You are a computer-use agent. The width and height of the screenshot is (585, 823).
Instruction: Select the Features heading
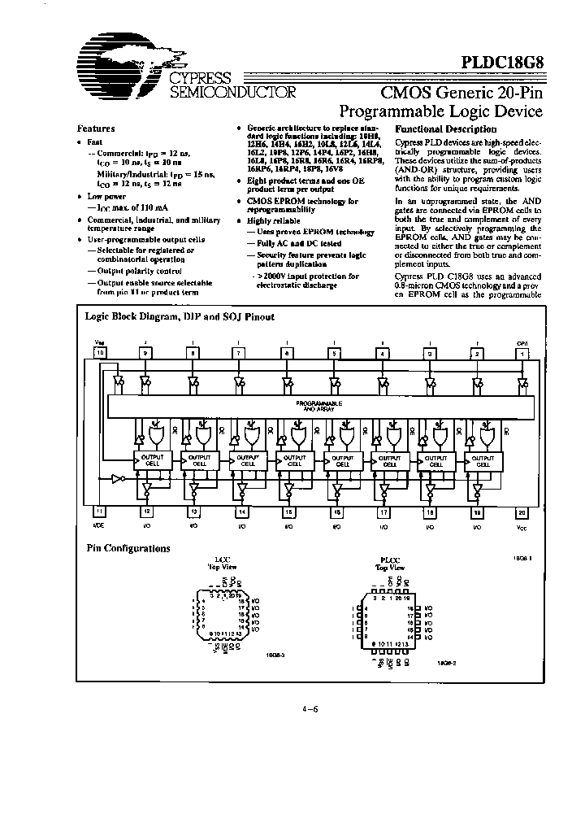click(x=96, y=128)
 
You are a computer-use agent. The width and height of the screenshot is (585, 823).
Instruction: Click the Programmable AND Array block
click(x=318, y=404)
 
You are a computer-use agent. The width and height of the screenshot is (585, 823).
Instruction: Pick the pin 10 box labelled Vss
click(x=101, y=353)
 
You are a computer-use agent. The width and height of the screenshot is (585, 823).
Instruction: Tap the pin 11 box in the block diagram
click(x=101, y=512)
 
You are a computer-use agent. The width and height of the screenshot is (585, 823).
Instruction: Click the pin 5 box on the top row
click(x=333, y=353)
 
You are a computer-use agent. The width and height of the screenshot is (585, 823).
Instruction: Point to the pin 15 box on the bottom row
click(x=287, y=512)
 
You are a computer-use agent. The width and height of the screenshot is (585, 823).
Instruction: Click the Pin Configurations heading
click(x=128, y=548)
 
